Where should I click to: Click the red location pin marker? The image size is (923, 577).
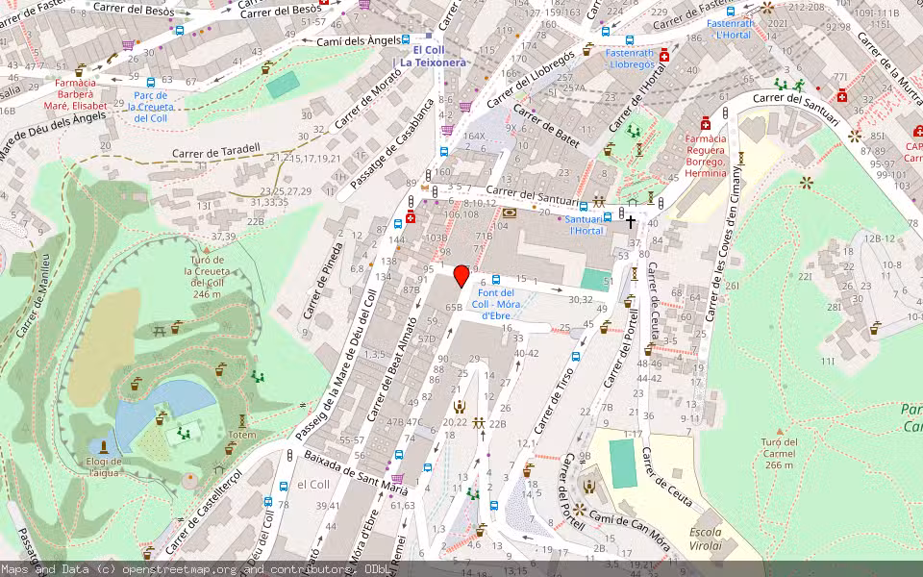(x=461, y=276)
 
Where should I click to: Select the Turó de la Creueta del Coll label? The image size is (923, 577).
(x=207, y=277)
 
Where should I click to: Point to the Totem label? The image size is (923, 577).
(x=242, y=435)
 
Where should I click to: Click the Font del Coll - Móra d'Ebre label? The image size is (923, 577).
(x=501, y=303)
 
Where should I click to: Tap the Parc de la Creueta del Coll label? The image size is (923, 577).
(x=152, y=106)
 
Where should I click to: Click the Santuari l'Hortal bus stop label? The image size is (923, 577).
(x=586, y=225)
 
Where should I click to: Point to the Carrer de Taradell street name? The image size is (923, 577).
(x=216, y=151)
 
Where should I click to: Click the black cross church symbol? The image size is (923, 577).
(x=632, y=222)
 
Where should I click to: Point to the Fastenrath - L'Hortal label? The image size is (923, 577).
(x=732, y=29)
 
